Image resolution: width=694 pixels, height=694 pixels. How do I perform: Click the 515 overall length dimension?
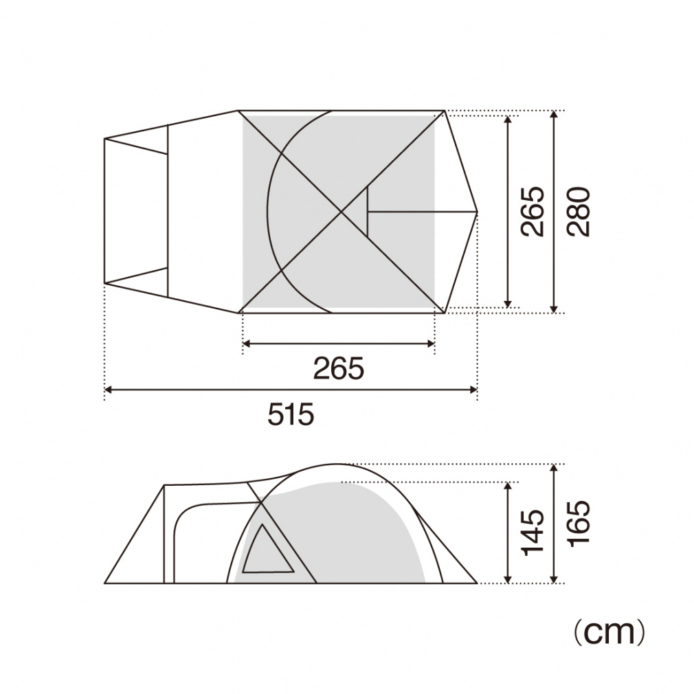click(x=291, y=414)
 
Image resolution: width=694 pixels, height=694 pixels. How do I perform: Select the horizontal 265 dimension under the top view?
click(x=339, y=368)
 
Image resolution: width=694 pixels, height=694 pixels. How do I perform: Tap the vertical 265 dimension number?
click(x=533, y=212)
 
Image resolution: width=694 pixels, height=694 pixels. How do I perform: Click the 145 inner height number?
click(x=533, y=533)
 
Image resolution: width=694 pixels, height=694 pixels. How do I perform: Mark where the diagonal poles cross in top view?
click(x=342, y=212)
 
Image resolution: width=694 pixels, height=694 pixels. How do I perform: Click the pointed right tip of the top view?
click(x=477, y=212)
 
